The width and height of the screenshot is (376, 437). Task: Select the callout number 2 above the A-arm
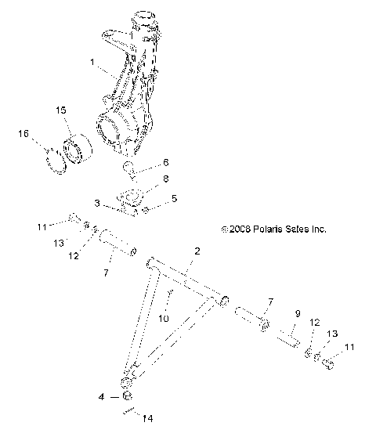(x=197, y=251)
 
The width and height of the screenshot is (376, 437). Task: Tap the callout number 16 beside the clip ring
(x=23, y=135)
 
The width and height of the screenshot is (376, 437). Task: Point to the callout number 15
(x=61, y=110)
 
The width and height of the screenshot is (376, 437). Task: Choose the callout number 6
(x=165, y=163)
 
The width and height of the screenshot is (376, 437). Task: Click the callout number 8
(x=165, y=180)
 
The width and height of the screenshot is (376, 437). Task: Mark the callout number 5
(x=174, y=199)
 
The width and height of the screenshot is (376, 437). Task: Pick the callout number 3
(x=97, y=203)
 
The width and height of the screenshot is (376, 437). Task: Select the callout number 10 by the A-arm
(x=163, y=319)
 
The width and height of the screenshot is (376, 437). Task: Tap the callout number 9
(x=275, y=313)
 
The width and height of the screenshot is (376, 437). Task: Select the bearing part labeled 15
(x=78, y=148)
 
